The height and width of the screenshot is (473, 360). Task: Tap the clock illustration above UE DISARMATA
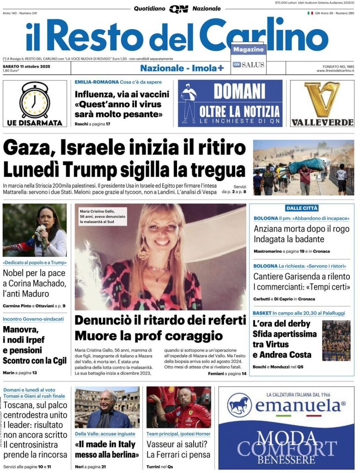point(34,100)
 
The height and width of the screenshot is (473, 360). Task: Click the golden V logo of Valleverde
point(322,99)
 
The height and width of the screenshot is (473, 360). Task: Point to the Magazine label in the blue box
point(248,49)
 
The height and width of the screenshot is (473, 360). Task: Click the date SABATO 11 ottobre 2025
point(26,66)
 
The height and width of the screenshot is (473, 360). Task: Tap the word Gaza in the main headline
point(29,148)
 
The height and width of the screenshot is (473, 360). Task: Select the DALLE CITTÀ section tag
point(302,208)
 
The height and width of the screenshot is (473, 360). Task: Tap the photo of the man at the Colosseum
point(107,407)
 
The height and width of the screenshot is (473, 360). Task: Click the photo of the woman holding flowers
point(34,230)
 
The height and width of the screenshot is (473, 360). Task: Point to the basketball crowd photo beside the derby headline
point(336,340)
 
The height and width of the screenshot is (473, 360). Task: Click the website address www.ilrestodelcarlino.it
point(335,71)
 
